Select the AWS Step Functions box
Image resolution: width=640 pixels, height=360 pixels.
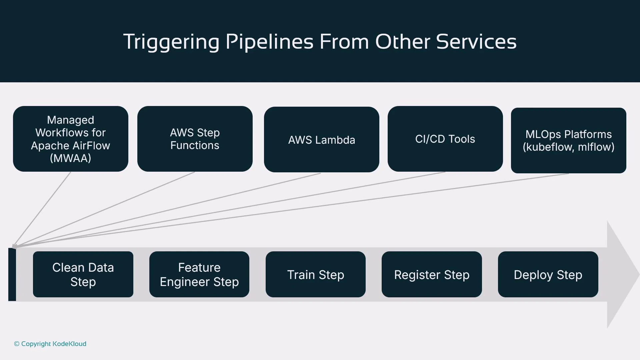click(x=195, y=139)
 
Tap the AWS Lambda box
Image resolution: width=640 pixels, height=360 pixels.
click(x=321, y=140)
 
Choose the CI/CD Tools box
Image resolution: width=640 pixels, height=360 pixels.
click(x=445, y=139)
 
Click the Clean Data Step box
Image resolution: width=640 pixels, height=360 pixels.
click(x=83, y=274)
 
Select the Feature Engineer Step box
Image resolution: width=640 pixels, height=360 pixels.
click(x=199, y=274)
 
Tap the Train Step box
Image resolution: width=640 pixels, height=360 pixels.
click(x=315, y=274)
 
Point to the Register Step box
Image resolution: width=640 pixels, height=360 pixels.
click(x=432, y=274)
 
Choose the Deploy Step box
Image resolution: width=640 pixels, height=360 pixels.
click(x=548, y=274)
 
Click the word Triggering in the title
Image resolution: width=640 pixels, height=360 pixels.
click(x=171, y=42)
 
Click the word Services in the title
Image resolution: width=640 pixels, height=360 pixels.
click(x=476, y=42)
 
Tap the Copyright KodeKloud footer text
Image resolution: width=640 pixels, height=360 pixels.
click(x=50, y=344)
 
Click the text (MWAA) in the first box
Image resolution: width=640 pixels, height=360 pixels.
click(x=70, y=158)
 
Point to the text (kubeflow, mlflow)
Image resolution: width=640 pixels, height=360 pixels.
click(x=568, y=147)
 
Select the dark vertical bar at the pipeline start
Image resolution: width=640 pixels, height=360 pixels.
click(x=12, y=274)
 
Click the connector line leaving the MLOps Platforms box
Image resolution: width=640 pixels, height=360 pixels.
click(x=467, y=188)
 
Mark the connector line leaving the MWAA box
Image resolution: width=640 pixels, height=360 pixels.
click(x=50, y=200)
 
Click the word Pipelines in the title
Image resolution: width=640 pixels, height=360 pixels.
click(x=269, y=42)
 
